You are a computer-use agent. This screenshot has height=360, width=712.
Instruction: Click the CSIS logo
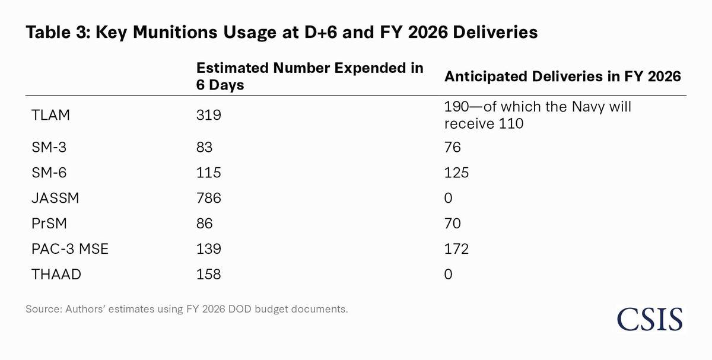click(x=650, y=319)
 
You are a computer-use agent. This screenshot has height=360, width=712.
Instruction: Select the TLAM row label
click(x=50, y=115)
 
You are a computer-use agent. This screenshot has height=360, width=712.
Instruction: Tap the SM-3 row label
click(x=49, y=147)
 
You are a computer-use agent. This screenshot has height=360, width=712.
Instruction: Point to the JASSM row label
click(x=55, y=198)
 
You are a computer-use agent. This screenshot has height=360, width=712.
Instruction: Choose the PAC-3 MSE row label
click(x=70, y=249)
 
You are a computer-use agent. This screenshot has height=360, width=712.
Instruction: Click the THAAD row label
click(x=56, y=274)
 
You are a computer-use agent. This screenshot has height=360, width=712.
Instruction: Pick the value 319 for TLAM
click(x=208, y=115)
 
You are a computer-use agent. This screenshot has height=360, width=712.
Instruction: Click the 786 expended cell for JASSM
click(x=208, y=198)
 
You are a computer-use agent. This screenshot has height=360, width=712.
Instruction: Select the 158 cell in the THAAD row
click(x=208, y=274)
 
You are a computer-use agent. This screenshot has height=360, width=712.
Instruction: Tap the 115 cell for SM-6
click(x=208, y=173)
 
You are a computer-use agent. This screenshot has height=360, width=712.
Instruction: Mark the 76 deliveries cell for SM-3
click(x=453, y=147)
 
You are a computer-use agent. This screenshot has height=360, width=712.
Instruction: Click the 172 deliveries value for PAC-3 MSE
click(x=456, y=249)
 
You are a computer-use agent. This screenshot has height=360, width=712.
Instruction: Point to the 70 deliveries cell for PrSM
click(x=453, y=224)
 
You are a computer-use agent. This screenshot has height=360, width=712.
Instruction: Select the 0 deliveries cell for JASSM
click(x=448, y=198)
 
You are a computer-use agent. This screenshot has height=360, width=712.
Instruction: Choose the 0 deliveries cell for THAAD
click(x=448, y=274)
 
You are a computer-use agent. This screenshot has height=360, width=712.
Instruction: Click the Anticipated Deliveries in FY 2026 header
click(x=562, y=77)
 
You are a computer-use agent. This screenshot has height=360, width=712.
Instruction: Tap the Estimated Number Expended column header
click(x=310, y=77)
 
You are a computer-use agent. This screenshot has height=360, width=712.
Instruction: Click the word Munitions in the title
click(x=175, y=32)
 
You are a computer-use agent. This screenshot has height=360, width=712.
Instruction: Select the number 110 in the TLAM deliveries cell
click(x=511, y=123)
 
